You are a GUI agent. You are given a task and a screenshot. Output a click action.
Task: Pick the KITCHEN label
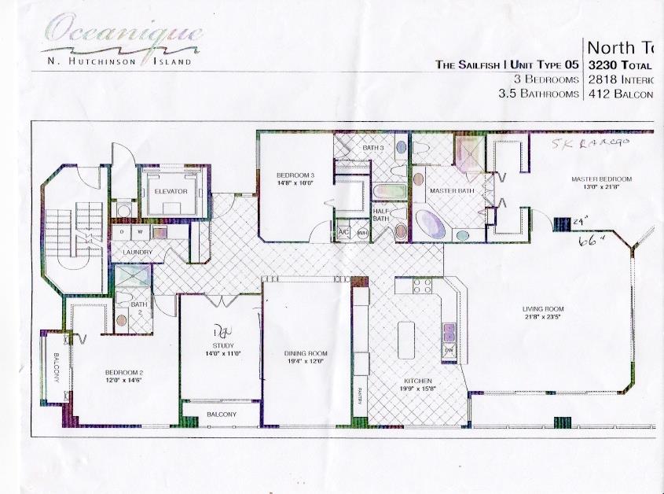408,385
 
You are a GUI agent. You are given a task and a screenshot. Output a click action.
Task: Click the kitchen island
407,339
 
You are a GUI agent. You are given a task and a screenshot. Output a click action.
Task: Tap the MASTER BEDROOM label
600,179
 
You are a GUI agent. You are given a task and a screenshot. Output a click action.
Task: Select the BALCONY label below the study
221,414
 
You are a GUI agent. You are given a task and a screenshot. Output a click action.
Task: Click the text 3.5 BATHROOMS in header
538,94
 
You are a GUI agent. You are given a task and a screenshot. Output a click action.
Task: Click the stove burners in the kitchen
422,286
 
